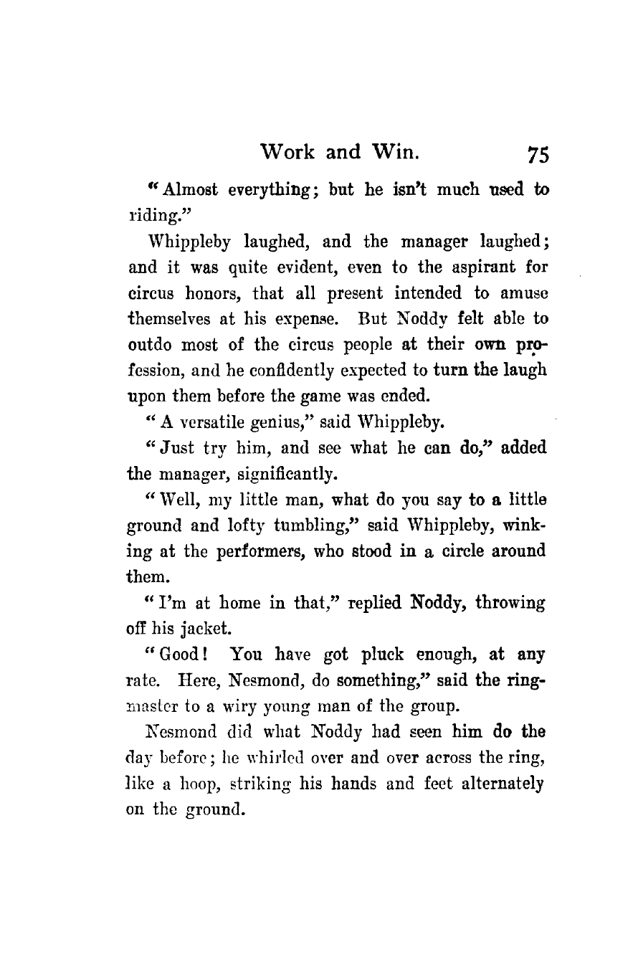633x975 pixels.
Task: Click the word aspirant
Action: [x=467, y=272]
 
